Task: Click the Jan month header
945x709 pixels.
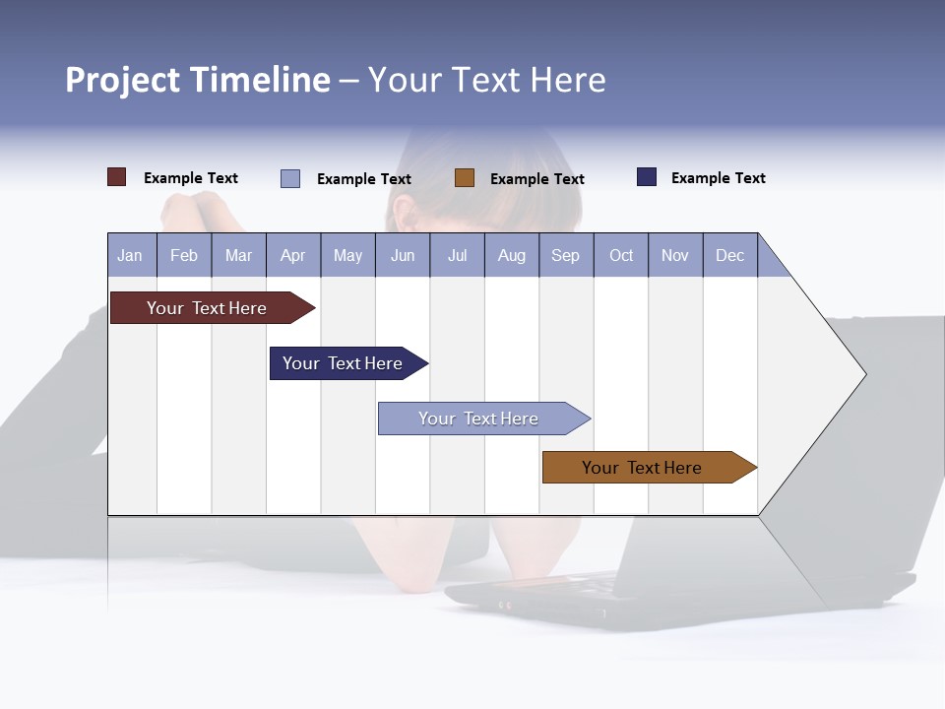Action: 130,255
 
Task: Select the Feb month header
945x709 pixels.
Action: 184,255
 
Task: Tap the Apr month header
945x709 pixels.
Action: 292,255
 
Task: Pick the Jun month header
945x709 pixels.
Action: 402,255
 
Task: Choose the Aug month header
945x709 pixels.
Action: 511,255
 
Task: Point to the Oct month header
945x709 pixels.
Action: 621,255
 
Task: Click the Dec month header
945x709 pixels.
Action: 729,255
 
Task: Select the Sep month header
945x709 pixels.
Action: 565,255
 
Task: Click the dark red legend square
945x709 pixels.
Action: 117,177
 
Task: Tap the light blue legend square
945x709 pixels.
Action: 290,178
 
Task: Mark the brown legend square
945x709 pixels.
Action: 465,178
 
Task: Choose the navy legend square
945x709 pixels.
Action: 647,177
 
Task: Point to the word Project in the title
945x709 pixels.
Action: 123,80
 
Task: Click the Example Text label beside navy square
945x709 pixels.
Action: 718,178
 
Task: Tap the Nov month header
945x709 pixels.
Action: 675,255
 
